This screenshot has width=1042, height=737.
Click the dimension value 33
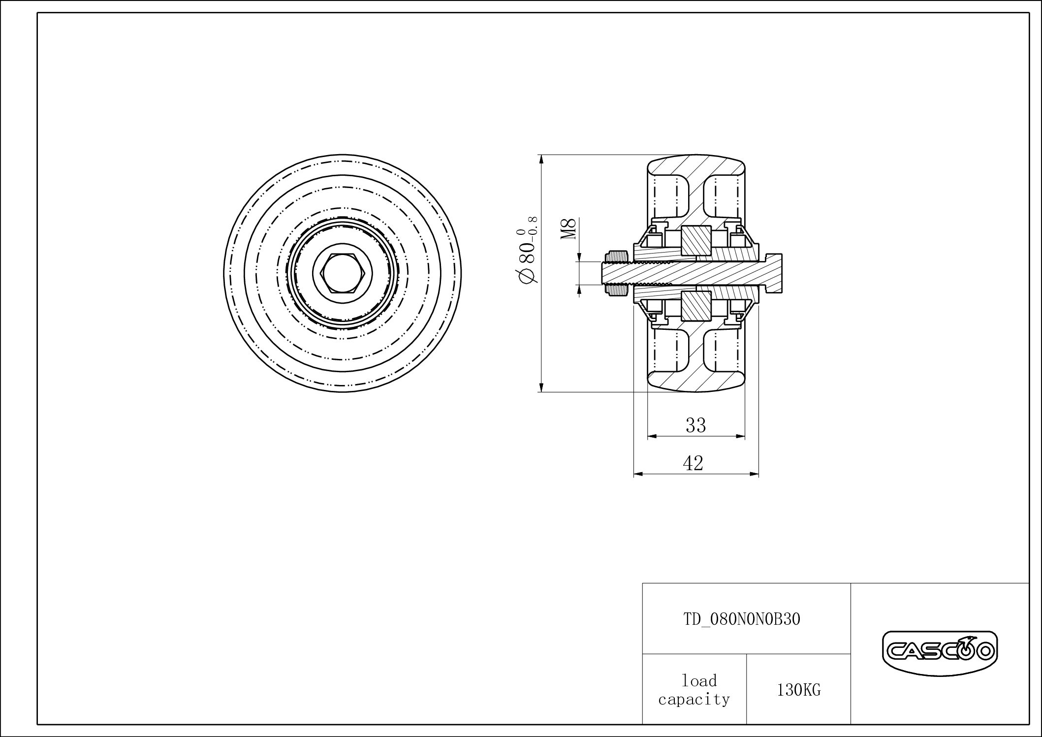pos(695,425)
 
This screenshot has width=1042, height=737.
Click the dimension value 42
pos(693,463)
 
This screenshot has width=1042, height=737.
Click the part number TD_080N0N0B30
pos(742,619)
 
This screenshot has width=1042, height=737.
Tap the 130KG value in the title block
pos(798,690)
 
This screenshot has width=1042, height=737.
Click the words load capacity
pos(694,690)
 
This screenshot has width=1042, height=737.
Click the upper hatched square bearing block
pos(696,241)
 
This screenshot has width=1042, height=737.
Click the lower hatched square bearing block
pos(696,305)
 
